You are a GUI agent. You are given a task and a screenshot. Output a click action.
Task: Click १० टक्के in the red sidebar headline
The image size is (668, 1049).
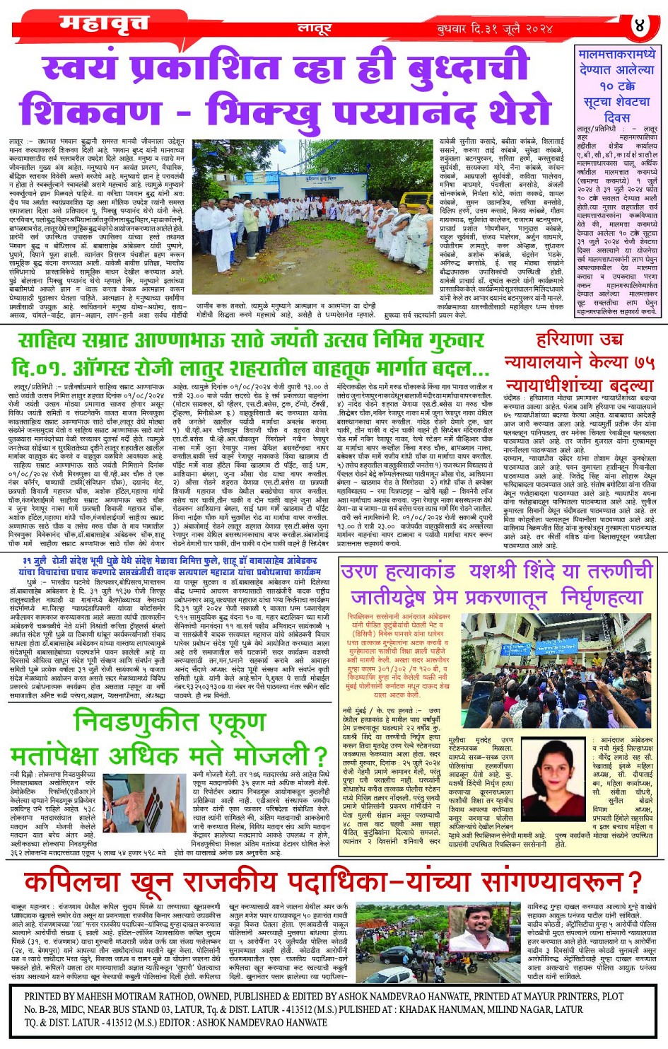(608, 85)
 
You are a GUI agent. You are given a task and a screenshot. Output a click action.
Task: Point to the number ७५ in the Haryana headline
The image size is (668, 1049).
(644, 362)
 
